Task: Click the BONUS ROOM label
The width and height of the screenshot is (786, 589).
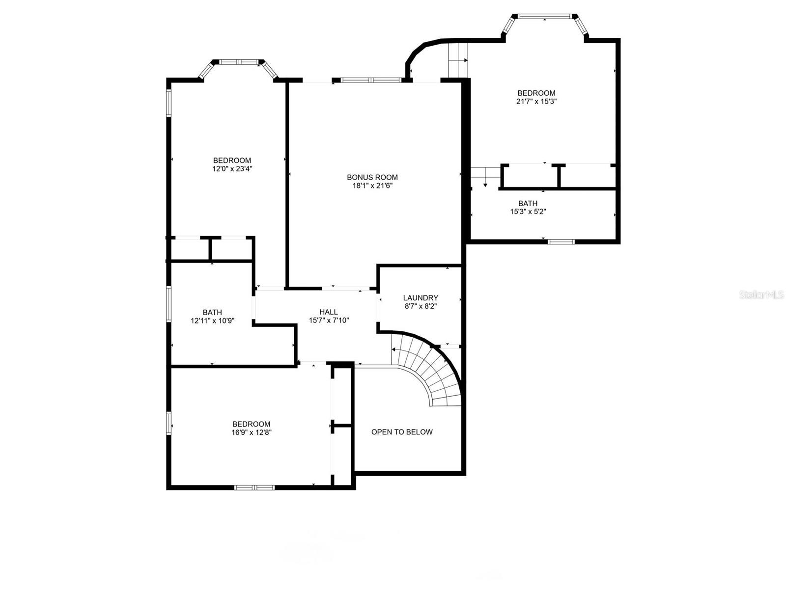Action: [372, 177]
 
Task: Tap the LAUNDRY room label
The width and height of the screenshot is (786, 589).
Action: [421, 298]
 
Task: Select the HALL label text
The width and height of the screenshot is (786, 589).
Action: [329, 312]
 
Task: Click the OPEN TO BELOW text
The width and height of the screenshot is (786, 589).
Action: [402, 432]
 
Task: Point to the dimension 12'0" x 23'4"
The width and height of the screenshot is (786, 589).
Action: [232, 169]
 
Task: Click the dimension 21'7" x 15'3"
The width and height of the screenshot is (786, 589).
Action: [536, 102]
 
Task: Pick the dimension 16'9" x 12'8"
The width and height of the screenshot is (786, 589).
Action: [252, 433]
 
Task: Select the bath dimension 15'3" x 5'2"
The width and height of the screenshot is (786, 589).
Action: [528, 212]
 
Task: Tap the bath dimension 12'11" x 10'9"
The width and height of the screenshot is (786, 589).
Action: [212, 321]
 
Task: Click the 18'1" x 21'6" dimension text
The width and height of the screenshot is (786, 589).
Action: [372, 186]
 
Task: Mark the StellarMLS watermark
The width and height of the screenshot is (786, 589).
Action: [761, 295]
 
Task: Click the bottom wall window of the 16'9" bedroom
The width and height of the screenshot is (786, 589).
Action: [254, 487]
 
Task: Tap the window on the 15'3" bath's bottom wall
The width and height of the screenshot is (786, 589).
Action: [561, 241]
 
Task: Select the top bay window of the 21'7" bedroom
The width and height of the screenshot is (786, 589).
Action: [544, 16]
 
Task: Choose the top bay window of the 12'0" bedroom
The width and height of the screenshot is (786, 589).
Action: [238, 62]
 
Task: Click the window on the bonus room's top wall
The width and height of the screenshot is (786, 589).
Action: [372, 80]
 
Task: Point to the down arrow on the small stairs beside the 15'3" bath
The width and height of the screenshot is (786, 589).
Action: [485, 184]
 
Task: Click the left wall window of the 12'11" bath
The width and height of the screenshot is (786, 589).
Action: [168, 304]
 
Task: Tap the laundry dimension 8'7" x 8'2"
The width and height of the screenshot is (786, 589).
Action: [421, 306]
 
